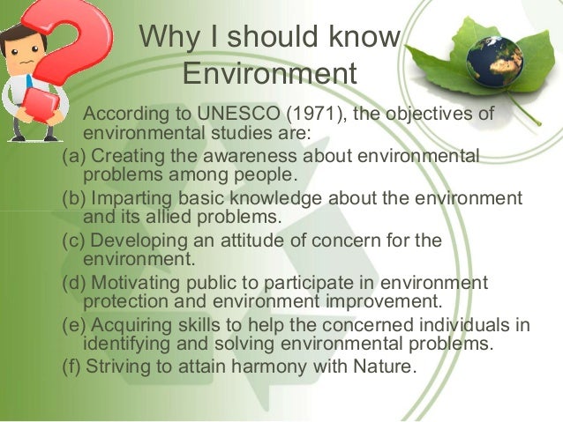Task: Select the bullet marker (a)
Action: [x=73, y=157]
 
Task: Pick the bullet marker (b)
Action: [x=73, y=198]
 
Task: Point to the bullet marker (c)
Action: [x=73, y=241]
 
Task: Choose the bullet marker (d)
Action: [x=73, y=283]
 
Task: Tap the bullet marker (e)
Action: [x=73, y=325]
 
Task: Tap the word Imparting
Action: [x=128, y=198]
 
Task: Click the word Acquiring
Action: [x=130, y=325]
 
